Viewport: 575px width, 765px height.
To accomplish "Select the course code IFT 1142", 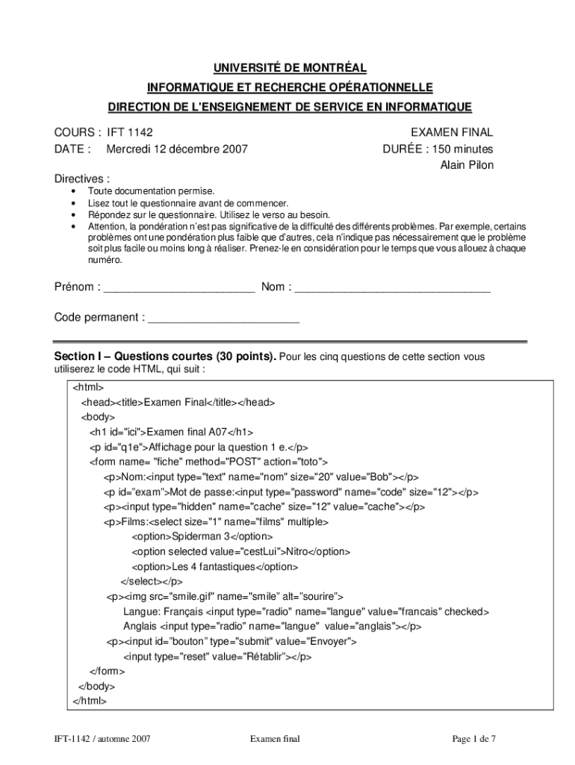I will click(x=129, y=132).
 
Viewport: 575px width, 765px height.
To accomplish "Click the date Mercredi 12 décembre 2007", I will click(x=177, y=149).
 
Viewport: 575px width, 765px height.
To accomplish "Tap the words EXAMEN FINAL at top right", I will click(x=452, y=132).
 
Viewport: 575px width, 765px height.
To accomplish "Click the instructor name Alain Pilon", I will click(x=467, y=165).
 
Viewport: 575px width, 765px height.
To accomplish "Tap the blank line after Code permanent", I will click(x=223, y=318).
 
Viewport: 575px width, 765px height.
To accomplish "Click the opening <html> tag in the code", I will click(x=88, y=387).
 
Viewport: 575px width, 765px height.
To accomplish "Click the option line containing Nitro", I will click(x=240, y=551).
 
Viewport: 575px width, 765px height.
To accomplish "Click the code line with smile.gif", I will click(x=224, y=596).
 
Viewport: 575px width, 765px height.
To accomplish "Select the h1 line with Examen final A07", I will click(x=171, y=432).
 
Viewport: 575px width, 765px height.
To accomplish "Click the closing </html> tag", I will click(x=90, y=701).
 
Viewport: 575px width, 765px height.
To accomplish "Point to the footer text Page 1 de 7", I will click(x=473, y=739).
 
